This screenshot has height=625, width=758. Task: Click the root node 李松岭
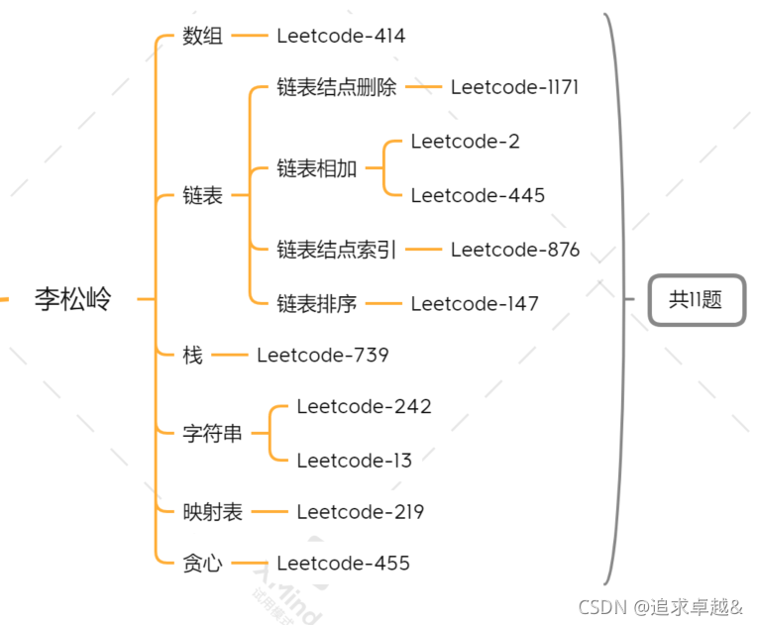pos(73,298)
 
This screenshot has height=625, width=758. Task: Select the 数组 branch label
pos(203,36)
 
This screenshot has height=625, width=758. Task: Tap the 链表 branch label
pos(203,196)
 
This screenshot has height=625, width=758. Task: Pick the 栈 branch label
pos(192,354)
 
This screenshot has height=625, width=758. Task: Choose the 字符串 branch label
pos(213,433)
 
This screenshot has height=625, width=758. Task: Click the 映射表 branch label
pos(213,512)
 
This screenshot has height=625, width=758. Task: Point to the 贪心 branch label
pos(203,563)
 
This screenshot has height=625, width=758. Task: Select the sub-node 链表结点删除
pos(337,87)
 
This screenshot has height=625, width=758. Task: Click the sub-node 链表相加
pos(317,168)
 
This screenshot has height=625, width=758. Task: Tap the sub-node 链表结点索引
pos(337,250)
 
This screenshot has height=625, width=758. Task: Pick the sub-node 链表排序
pos(317,303)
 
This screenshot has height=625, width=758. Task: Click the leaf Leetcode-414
pos(341,36)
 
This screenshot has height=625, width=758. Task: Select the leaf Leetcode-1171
pos(514,87)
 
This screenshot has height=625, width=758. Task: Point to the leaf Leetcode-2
pos(465,142)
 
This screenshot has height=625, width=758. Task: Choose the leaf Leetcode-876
pos(515,250)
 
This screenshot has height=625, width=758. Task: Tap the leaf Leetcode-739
pos(322,354)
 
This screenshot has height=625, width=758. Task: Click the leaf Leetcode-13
pos(354,460)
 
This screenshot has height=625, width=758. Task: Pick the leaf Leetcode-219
pos(360,512)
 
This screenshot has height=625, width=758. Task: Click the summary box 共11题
pos(696,299)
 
